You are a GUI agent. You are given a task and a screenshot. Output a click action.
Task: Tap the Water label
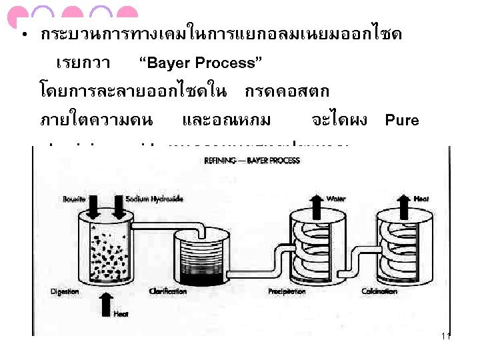(335, 199)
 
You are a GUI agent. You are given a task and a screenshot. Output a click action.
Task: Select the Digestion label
(65, 291)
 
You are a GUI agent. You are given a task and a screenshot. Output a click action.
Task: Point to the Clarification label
(169, 291)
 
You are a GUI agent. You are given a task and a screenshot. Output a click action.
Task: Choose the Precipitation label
(287, 291)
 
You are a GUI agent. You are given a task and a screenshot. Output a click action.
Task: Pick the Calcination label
(379, 291)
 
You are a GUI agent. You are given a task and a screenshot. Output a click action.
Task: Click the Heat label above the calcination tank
(421, 199)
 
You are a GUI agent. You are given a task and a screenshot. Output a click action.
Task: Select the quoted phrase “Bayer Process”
(199, 64)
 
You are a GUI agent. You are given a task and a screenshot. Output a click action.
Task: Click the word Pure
(402, 121)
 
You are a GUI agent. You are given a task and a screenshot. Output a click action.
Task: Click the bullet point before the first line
(23, 35)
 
